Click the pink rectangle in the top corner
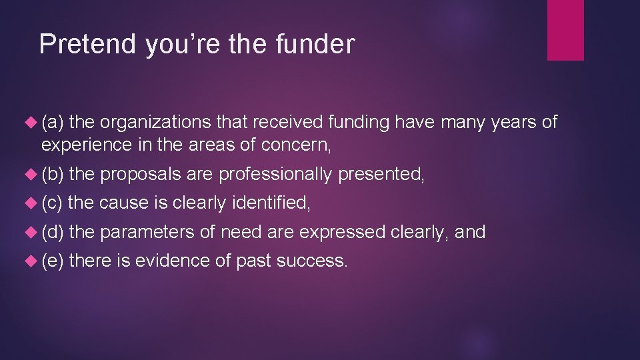[565, 30]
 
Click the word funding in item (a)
[359, 122]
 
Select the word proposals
[140, 175]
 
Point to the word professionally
[275, 175]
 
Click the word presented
[380, 174]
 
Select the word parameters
[148, 233]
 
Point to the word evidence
[173, 261]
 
